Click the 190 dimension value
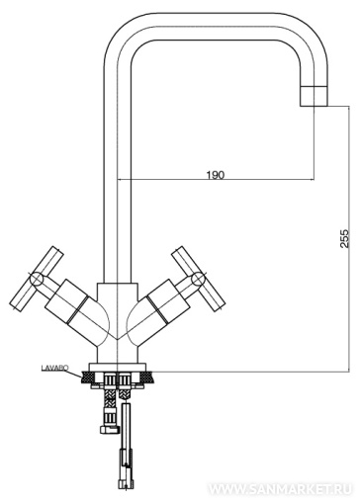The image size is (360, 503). coord(216,174)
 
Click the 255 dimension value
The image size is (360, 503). coord(344,238)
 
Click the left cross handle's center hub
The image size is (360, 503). coord(37,279)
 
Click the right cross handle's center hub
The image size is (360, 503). coord(199,279)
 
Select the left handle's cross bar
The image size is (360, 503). coord(37,279)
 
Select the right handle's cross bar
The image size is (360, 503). coord(199,279)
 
